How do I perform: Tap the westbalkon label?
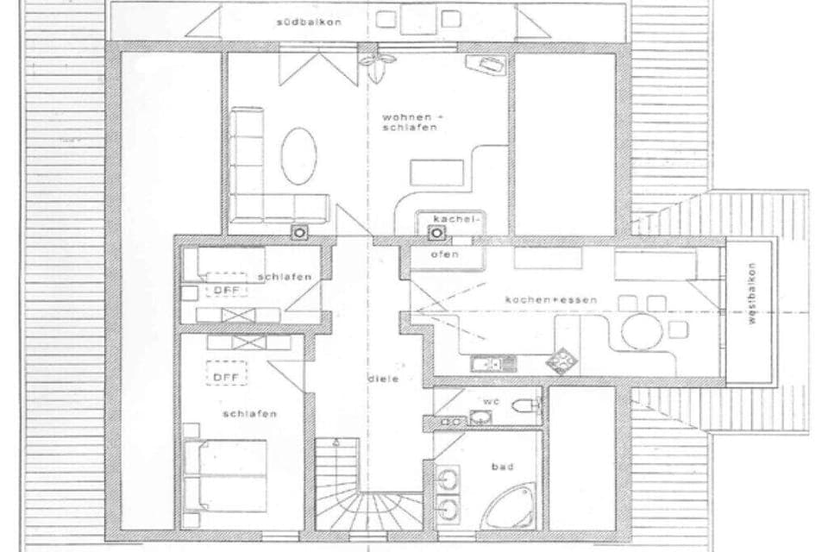[x=751, y=305]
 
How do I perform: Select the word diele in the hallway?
[x=383, y=379]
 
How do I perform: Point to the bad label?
[x=502, y=467]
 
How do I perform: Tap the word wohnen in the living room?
[x=405, y=116]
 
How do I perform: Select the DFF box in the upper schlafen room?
[x=226, y=289]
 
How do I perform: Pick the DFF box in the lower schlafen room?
[x=226, y=376]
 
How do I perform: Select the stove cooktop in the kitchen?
[x=563, y=360]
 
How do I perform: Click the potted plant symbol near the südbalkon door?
[x=376, y=60]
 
